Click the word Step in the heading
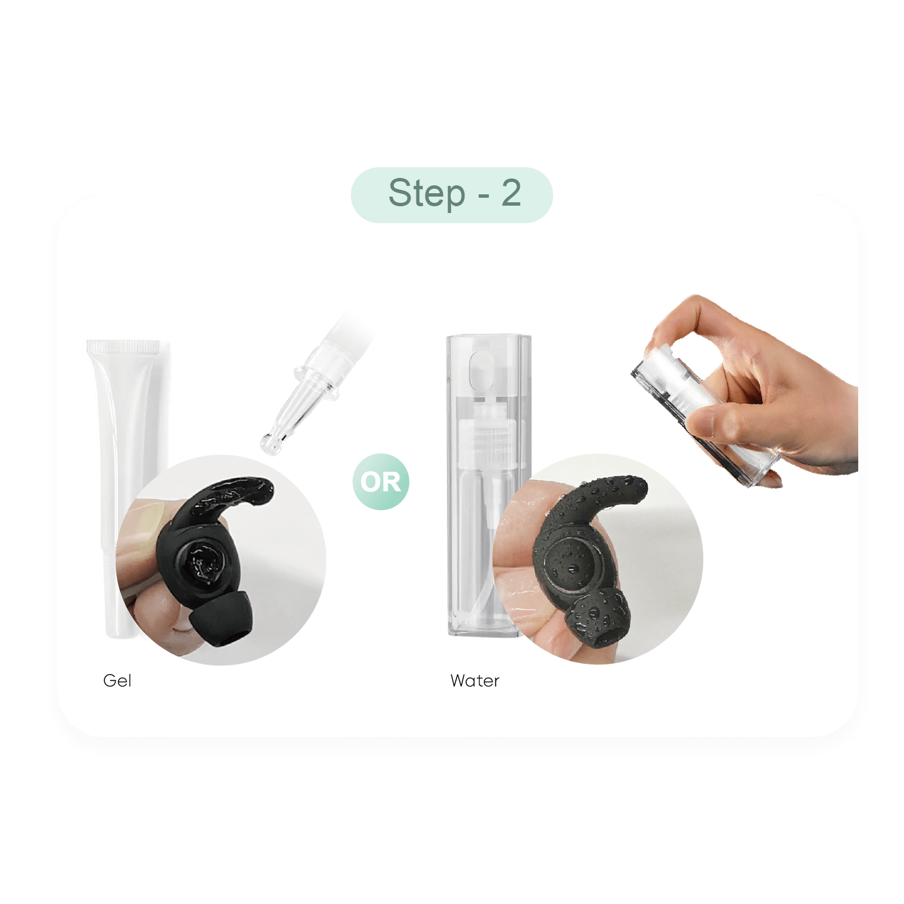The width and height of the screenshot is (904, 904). pos(427,194)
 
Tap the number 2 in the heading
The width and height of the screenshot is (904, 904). pos(511,193)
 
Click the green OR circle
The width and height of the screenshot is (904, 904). pos(381,482)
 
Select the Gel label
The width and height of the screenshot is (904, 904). pos(118,680)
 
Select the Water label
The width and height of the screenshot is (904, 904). pos(475,681)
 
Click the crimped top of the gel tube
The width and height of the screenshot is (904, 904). pos(124,347)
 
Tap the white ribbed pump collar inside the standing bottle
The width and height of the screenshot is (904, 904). pos(486,435)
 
